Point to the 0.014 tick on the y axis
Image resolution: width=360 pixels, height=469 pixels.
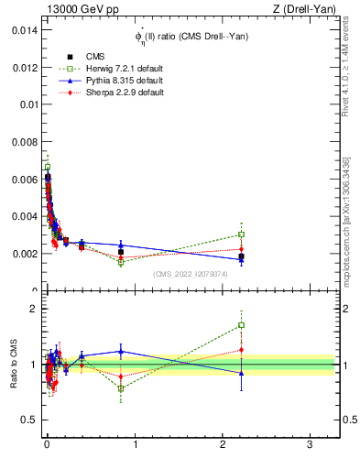pos(25,29)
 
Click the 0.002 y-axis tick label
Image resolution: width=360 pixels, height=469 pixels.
pos(25,254)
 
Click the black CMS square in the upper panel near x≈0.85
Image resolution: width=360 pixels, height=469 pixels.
pos(121,252)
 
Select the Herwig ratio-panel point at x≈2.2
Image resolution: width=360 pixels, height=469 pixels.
pos(241,325)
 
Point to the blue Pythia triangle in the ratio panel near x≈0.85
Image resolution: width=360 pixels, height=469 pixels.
pos(121,351)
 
